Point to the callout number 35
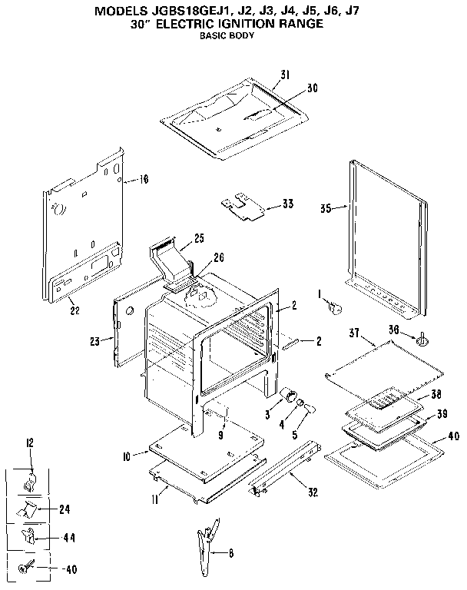tap(326, 208)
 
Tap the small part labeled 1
tap(333, 307)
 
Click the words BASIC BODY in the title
tap(226, 35)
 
